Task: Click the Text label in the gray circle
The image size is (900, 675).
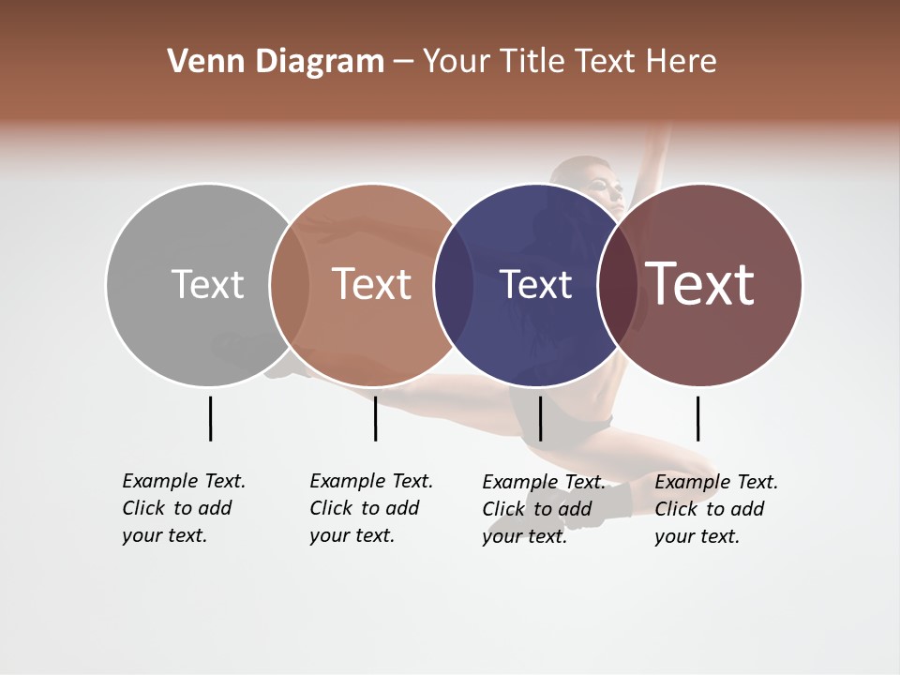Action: [207, 284]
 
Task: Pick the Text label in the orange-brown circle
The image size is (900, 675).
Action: [372, 284]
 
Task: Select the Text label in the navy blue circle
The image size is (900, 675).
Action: [535, 285]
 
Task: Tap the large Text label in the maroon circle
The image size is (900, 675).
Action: [699, 283]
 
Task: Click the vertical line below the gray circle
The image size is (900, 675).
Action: [210, 418]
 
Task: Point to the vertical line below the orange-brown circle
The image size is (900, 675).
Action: [375, 418]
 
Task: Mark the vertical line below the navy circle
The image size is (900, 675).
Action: [540, 418]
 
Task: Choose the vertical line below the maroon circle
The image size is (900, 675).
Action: [697, 418]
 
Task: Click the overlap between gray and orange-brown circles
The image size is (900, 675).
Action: [290, 285]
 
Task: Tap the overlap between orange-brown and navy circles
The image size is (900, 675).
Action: [454, 285]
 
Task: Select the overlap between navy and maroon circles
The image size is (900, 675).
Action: [615, 285]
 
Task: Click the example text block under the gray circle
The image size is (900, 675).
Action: [184, 508]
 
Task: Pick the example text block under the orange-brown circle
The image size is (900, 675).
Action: [371, 508]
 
